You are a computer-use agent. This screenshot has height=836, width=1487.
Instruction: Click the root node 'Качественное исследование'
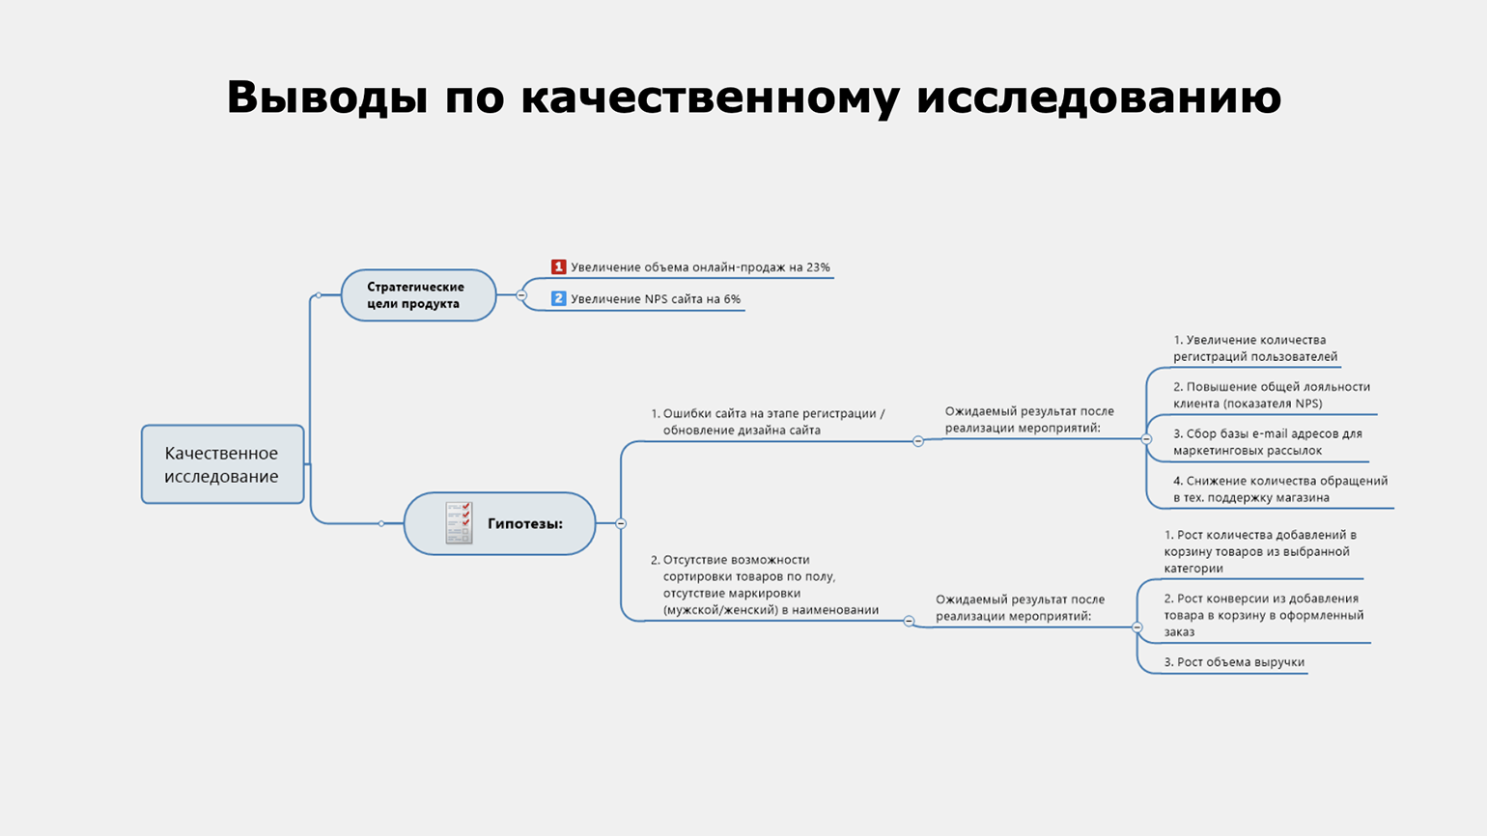pyautogui.click(x=222, y=464)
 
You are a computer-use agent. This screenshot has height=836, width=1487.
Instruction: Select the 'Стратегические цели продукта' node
pyautogui.click(x=418, y=295)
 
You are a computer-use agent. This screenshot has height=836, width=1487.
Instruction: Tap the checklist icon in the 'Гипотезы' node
pyautogui.click(x=459, y=523)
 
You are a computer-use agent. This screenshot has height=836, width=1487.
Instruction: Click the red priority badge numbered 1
pyautogui.click(x=558, y=266)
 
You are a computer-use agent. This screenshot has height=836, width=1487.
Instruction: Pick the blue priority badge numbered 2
pyautogui.click(x=558, y=298)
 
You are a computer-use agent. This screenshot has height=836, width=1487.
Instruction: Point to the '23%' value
pyautogui.click(x=818, y=267)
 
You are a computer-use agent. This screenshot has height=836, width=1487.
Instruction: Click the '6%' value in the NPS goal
pyautogui.click(x=732, y=299)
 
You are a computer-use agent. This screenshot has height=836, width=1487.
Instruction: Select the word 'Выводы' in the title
pyautogui.click(x=326, y=98)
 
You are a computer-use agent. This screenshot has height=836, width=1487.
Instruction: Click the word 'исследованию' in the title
pyautogui.click(x=1099, y=98)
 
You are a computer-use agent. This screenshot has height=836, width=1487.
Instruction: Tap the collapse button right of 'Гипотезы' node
pyautogui.click(x=621, y=523)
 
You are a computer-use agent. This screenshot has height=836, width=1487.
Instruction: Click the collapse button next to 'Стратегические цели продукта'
pyautogui.click(x=521, y=295)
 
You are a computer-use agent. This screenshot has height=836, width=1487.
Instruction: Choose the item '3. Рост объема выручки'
pyautogui.click(x=1234, y=662)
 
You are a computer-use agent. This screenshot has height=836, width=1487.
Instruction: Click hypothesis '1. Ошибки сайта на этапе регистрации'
pyautogui.click(x=768, y=422)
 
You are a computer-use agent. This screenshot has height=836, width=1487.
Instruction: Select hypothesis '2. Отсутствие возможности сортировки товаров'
pyautogui.click(x=765, y=585)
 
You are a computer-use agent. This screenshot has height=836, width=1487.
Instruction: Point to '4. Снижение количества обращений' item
pyautogui.click(x=1280, y=489)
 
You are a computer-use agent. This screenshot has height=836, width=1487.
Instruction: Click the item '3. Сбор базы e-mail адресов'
pyautogui.click(x=1267, y=442)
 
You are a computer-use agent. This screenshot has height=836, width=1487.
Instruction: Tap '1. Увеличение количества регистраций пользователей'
pyautogui.click(x=1255, y=348)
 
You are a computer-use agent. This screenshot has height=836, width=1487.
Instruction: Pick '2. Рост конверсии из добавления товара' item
pyautogui.click(x=1263, y=615)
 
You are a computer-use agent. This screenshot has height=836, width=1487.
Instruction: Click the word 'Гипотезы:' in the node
pyautogui.click(x=525, y=524)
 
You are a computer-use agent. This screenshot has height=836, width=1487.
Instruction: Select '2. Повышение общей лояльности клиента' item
pyautogui.click(x=1272, y=395)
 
